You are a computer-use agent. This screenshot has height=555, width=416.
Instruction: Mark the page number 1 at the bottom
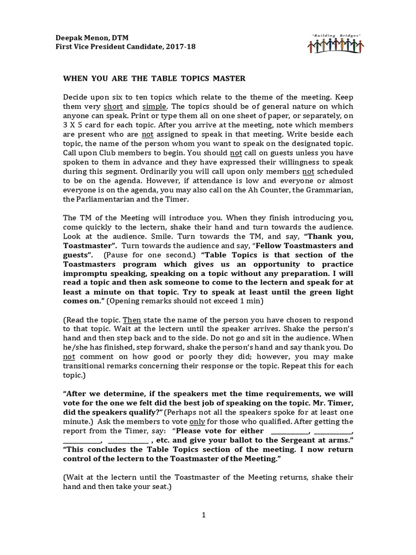204,515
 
